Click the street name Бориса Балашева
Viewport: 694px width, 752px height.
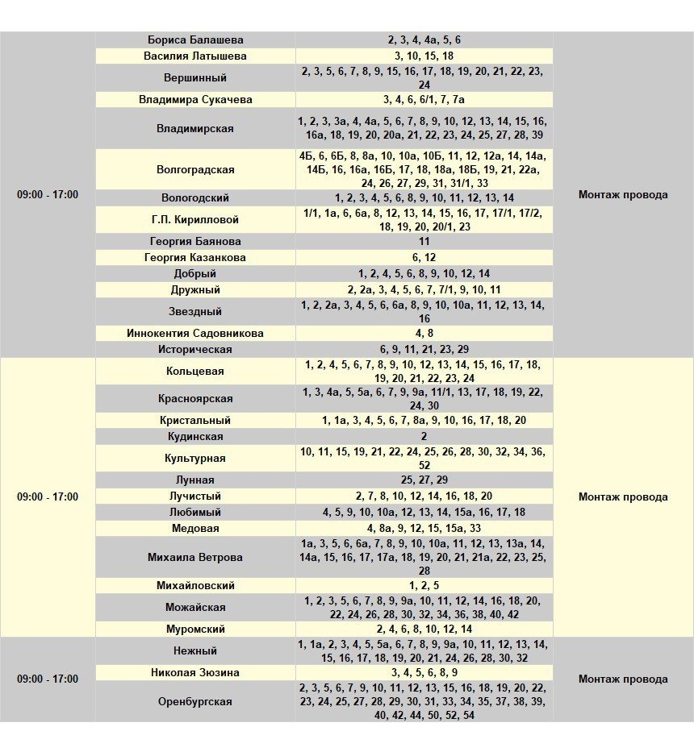point(195,39)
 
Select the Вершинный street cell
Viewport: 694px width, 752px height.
point(195,78)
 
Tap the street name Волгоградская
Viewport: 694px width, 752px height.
point(195,169)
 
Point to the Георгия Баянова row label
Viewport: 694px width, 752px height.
point(195,241)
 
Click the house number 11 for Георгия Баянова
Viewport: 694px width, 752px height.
point(424,241)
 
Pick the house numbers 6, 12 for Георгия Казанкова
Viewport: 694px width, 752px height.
point(424,257)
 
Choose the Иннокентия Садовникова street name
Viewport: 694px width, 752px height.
point(195,333)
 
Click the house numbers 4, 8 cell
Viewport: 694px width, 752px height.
point(424,333)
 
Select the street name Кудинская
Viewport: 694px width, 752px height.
point(195,436)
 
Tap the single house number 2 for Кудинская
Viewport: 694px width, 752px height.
point(424,436)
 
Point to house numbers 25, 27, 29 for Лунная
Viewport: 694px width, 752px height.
point(424,480)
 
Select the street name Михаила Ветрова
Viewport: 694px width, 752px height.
point(195,557)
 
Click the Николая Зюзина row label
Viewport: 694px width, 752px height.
point(195,672)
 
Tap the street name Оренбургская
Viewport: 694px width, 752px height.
point(195,701)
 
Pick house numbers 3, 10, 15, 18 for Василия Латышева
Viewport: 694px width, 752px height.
point(424,56)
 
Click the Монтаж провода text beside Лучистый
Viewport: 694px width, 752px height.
point(623,496)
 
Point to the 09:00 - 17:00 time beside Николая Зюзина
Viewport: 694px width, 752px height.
point(48,679)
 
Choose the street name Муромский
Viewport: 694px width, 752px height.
point(195,629)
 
